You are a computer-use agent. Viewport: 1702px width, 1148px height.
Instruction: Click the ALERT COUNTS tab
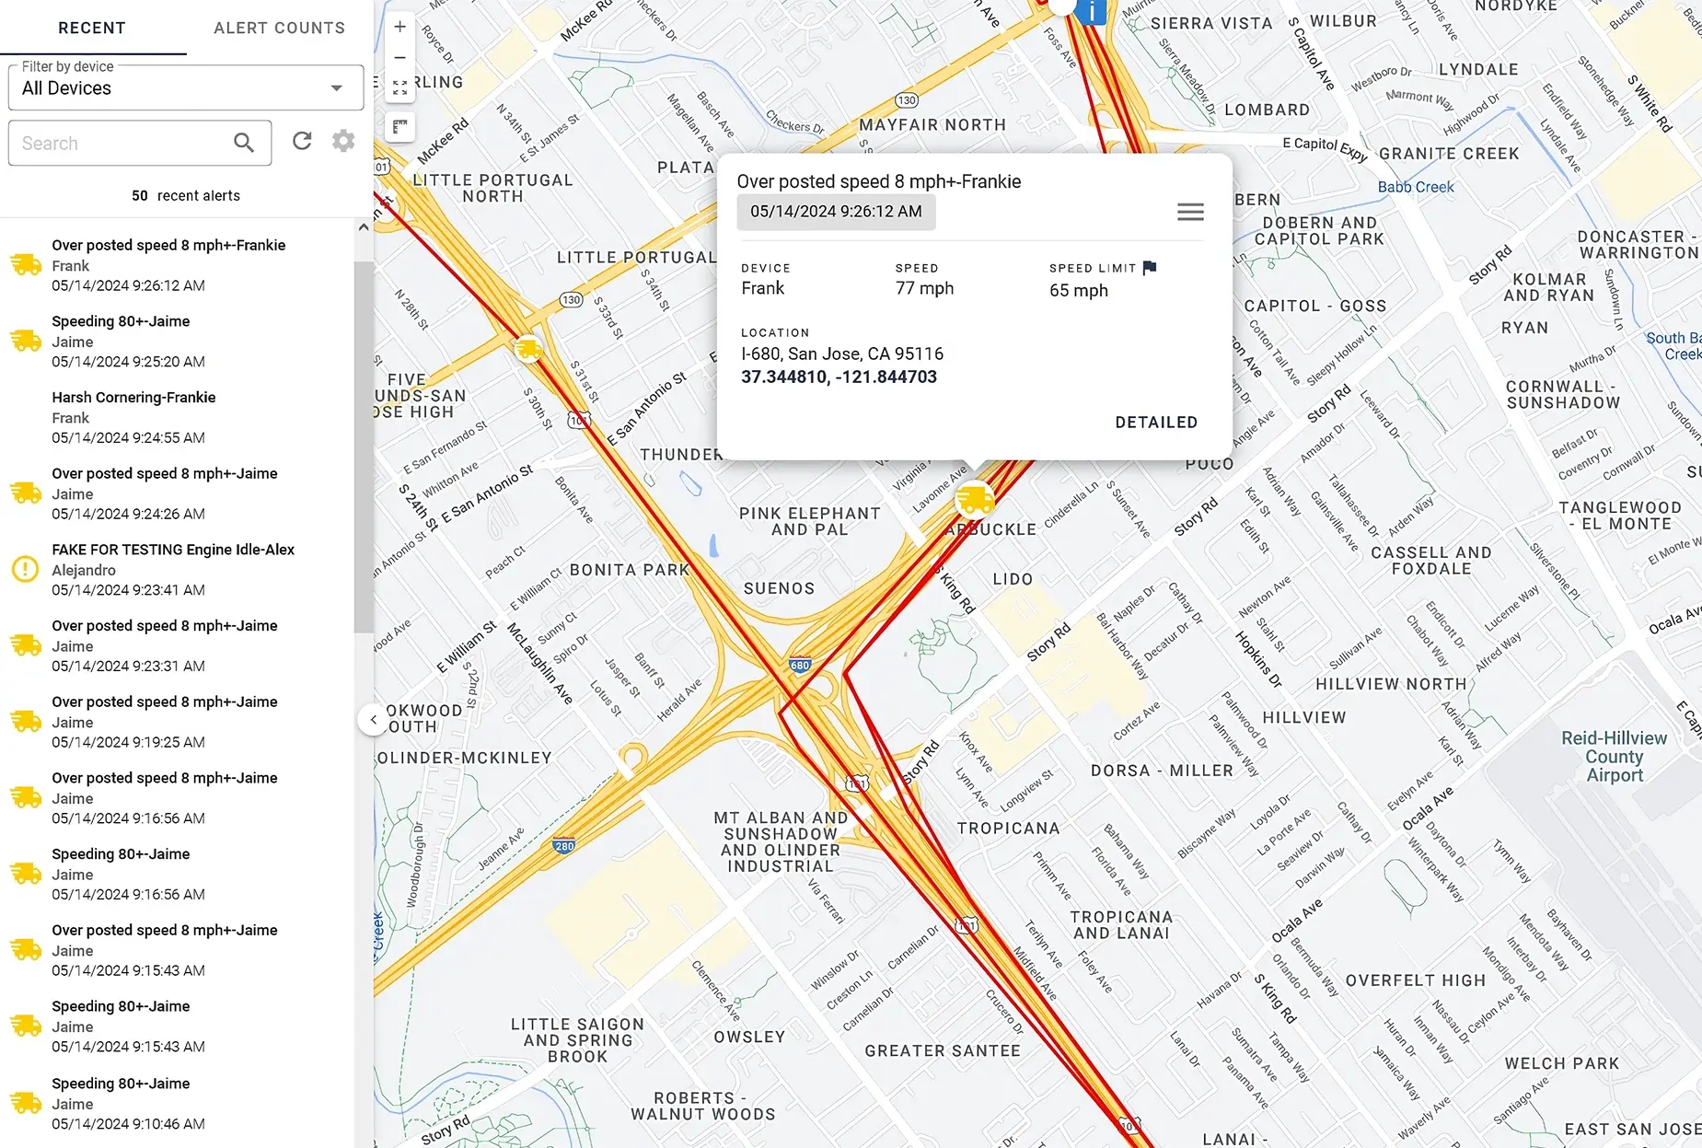pyautogui.click(x=279, y=29)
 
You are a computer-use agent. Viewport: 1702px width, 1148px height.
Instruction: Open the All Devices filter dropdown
pyautogui.click(x=186, y=88)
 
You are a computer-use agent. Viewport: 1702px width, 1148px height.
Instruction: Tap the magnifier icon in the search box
pyautogui.click(x=244, y=143)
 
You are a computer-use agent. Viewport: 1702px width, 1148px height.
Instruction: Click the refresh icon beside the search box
pyautogui.click(x=302, y=141)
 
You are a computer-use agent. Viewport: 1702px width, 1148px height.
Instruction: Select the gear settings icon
pyautogui.click(x=343, y=141)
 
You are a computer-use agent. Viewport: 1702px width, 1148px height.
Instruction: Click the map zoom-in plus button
pyautogui.click(x=399, y=28)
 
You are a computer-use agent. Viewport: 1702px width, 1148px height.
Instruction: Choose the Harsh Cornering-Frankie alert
pyautogui.click(x=133, y=398)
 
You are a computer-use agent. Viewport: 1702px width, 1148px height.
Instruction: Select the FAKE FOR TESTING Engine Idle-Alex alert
pyautogui.click(x=173, y=550)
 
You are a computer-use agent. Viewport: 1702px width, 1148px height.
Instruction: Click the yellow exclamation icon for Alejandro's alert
pyautogui.click(x=25, y=569)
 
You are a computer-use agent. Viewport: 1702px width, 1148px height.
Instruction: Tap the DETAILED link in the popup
pyautogui.click(x=1156, y=423)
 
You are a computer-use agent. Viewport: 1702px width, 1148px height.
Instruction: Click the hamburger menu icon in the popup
pyautogui.click(x=1190, y=212)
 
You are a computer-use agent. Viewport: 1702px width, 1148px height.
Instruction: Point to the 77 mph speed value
pyautogui.click(x=924, y=288)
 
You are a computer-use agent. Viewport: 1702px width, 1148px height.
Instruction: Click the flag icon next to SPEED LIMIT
pyautogui.click(x=1150, y=268)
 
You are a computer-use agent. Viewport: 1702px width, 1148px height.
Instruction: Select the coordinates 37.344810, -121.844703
pyautogui.click(x=839, y=377)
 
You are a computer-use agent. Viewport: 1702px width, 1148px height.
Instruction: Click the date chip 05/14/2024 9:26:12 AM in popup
pyautogui.click(x=836, y=212)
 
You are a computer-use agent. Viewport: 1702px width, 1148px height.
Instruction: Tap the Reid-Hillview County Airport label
pyautogui.click(x=1614, y=757)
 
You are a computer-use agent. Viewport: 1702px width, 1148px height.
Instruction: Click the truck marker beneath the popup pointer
pyautogui.click(x=975, y=500)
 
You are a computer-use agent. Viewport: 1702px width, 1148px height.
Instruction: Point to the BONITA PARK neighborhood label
pyautogui.click(x=630, y=570)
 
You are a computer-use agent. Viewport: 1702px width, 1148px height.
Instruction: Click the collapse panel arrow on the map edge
pyautogui.click(x=373, y=720)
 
